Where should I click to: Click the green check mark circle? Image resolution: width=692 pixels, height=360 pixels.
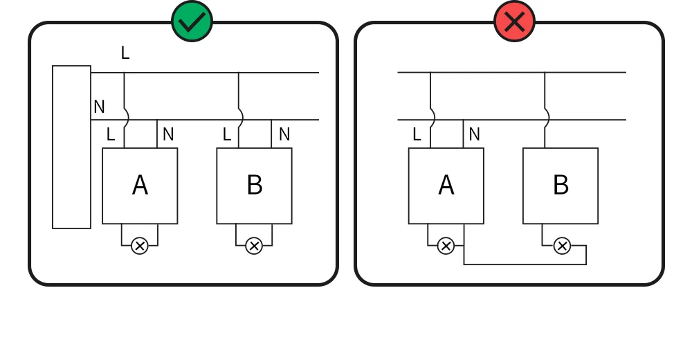click(192, 21)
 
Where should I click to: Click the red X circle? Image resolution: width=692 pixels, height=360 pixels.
click(515, 21)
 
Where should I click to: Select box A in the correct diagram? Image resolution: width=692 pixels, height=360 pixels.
click(140, 186)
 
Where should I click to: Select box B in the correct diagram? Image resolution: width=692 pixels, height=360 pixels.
click(254, 186)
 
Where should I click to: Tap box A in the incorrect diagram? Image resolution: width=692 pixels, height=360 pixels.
click(446, 186)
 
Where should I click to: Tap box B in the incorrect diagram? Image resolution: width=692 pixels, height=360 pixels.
click(561, 186)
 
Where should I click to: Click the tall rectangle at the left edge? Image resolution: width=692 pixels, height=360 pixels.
click(71, 147)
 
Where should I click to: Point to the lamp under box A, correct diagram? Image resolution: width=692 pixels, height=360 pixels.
click(140, 246)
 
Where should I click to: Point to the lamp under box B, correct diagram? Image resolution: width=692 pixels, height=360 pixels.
click(254, 246)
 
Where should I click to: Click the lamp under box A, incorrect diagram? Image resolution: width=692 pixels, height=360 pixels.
click(446, 246)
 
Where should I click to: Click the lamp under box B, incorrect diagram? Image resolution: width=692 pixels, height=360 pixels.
click(562, 246)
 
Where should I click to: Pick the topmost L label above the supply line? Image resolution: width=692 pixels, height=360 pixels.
click(125, 53)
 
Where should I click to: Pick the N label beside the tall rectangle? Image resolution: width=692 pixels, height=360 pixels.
click(99, 107)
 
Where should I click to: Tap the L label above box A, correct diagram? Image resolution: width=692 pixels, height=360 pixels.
click(111, 134)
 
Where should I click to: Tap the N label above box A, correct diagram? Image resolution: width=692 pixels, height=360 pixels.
click(168, 134)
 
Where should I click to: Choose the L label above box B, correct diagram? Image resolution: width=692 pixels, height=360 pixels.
click(227, 134)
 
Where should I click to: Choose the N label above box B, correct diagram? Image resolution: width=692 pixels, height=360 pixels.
click(284, 134)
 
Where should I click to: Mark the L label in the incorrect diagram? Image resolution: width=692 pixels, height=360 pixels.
click(417, 134)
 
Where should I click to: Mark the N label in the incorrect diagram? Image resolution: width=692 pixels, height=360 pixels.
click(475, 134)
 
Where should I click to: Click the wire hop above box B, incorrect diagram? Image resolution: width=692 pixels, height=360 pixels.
click(548, 118)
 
